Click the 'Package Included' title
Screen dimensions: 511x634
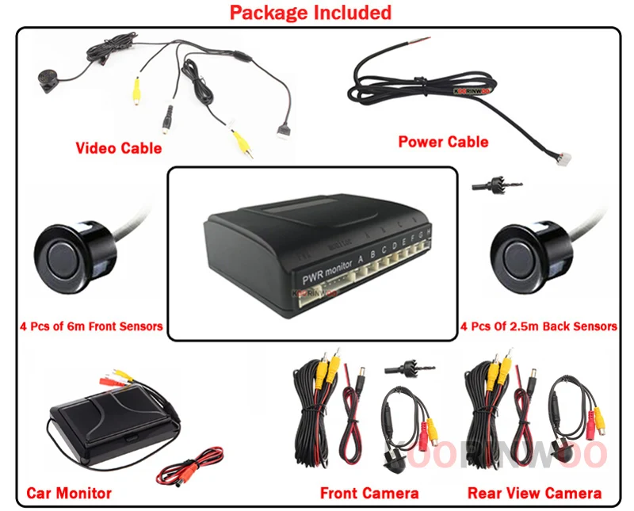pos(311,13)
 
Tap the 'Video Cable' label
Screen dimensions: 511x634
pos(119,148)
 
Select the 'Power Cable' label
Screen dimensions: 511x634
pos(443,142)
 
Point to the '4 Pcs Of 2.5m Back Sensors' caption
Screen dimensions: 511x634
pos(539,326)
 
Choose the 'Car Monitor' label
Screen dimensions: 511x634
pos(69,493)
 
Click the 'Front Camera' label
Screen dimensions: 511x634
pos(369,493)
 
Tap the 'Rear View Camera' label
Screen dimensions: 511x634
pos(535,493)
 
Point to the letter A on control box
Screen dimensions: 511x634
pos(361,257)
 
